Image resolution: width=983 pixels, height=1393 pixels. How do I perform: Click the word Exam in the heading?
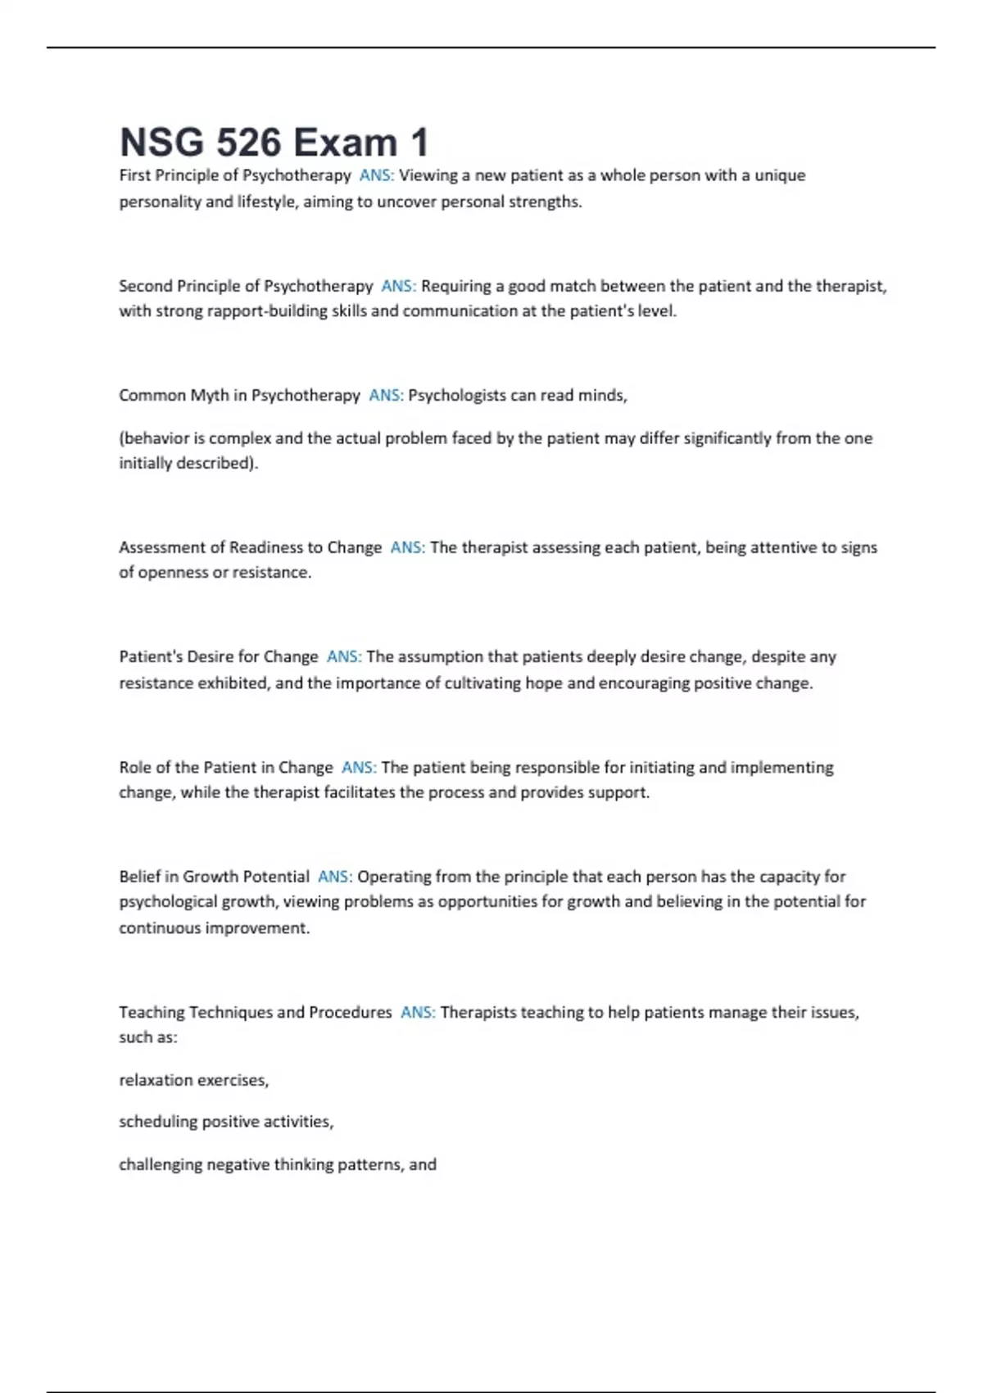tap(346, 143)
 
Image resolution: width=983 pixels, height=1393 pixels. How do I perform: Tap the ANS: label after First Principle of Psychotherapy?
tap(377, 175)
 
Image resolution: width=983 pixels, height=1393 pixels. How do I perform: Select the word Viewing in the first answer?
tap(428, 175)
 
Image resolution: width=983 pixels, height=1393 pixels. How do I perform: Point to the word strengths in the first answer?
tap(545, 202)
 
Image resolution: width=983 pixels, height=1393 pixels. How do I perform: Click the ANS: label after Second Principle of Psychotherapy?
tap(399, 286)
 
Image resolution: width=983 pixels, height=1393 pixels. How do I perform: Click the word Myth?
tap(210, 395)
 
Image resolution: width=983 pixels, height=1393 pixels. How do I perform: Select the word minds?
tap(602, 395)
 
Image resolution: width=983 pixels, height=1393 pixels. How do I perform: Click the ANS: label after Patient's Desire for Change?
tap(344, 657)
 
